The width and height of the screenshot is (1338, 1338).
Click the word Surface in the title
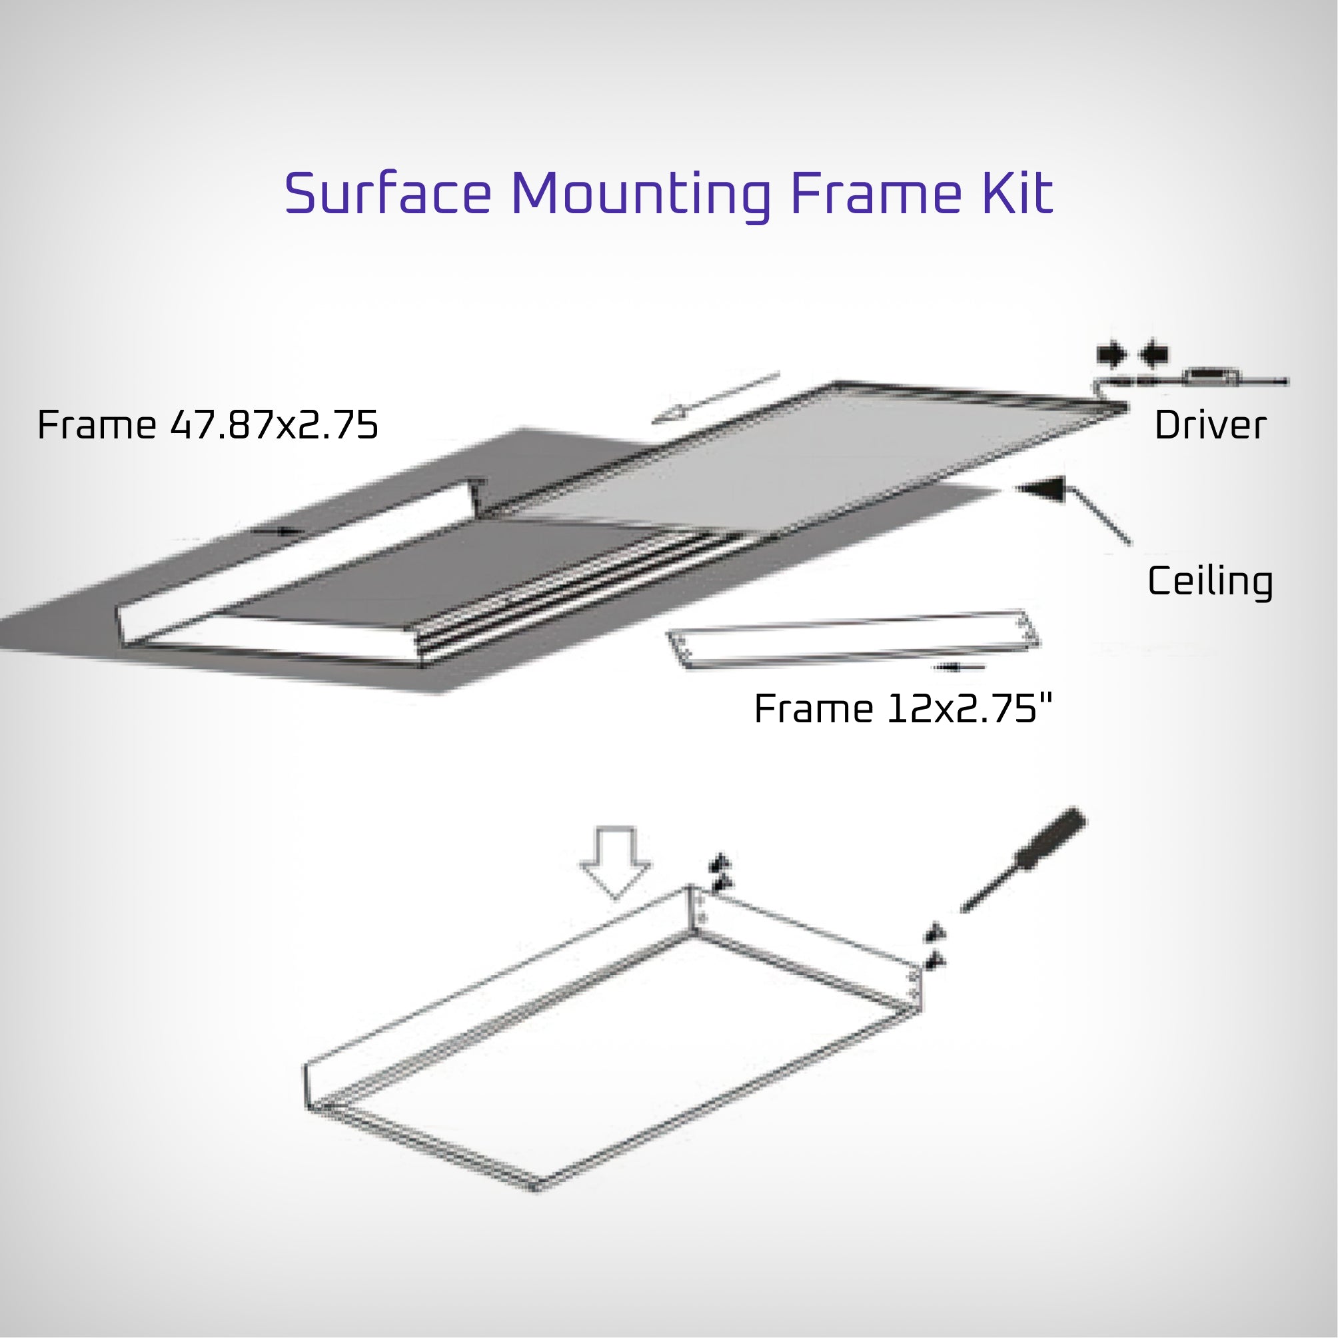click(388, 194)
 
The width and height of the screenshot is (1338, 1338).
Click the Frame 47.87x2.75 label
click(208, 425)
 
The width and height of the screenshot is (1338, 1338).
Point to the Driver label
click(1210, 425)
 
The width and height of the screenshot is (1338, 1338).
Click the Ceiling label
click(1210, 581)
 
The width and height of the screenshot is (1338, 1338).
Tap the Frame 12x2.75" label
click(902, 709)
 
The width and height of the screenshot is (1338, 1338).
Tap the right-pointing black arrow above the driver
click(1111, 355)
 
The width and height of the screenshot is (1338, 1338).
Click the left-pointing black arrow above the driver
click(1154, 355)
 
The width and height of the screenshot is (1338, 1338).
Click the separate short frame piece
click(852, 640)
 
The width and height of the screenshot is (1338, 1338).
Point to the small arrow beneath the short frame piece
click(958, 668)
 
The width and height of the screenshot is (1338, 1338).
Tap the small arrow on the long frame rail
click(277, 531)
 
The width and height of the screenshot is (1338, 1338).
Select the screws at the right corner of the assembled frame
click(936, 948)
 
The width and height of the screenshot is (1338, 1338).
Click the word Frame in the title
click(876, 194)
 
